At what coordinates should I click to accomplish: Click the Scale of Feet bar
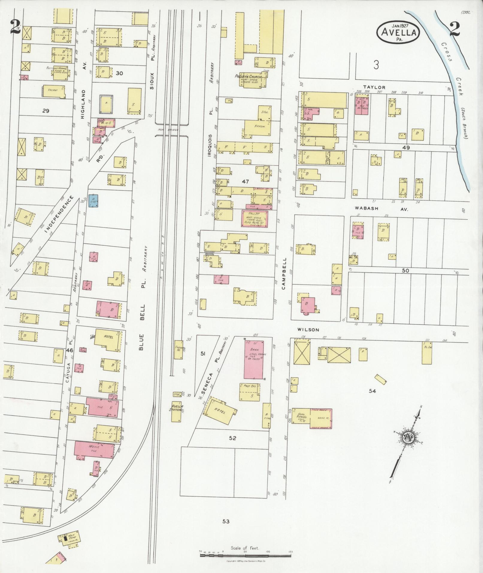(246, 555)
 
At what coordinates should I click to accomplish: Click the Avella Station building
(176, 411)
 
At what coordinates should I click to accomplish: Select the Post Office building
(250, 391)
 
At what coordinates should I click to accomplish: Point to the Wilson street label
(308, 329)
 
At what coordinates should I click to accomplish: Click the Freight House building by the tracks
(178, 350)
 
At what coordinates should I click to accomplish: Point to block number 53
(226, 521)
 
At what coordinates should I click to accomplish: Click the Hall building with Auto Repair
(255, 218)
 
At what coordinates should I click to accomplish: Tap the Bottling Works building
(60, 73)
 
